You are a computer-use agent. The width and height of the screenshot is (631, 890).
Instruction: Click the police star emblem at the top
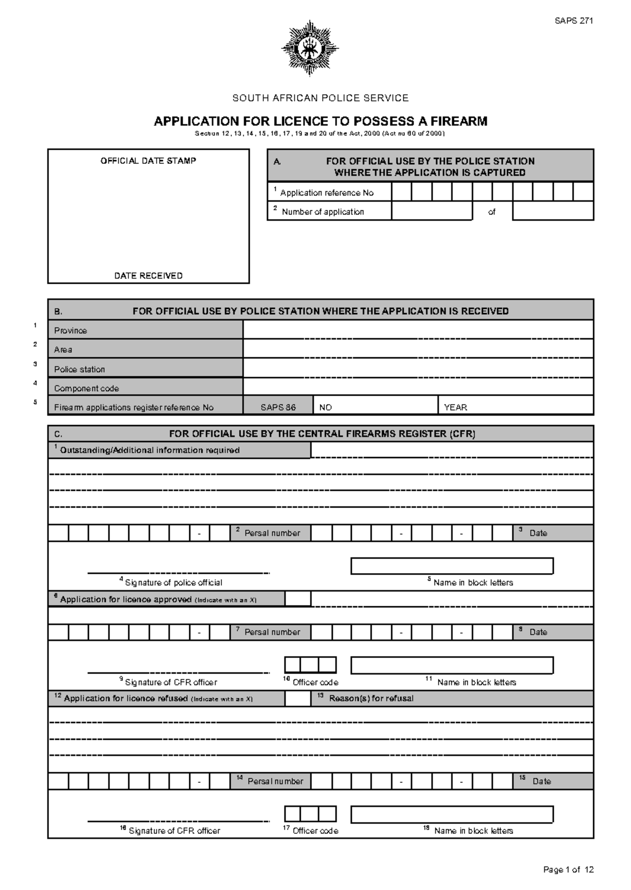310,48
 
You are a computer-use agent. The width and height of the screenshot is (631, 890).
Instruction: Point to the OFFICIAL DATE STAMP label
148,161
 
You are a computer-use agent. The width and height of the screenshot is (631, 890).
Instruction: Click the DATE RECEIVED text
148,276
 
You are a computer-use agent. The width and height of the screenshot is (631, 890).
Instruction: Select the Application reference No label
327,193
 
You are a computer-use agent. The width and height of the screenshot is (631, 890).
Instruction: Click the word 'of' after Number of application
492,212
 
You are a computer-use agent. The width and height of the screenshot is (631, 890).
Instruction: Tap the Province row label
70,330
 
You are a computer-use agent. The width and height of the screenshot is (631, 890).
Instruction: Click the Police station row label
79,369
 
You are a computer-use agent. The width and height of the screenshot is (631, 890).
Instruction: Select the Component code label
86,389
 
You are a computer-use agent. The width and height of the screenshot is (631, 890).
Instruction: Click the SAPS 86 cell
278,407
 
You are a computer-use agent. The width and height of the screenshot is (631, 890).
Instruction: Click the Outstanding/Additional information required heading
149,450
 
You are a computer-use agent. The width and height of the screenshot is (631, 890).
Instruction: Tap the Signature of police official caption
173,583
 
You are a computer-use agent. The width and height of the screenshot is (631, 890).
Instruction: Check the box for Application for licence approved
298,599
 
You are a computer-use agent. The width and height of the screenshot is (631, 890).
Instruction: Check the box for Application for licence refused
298,698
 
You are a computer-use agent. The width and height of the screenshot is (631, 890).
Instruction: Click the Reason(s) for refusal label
371,698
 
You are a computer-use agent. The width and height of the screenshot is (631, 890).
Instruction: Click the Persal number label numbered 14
274,781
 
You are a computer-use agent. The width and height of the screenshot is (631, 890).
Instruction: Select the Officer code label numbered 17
314,831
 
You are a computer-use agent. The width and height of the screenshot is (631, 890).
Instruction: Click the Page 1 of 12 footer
568,870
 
